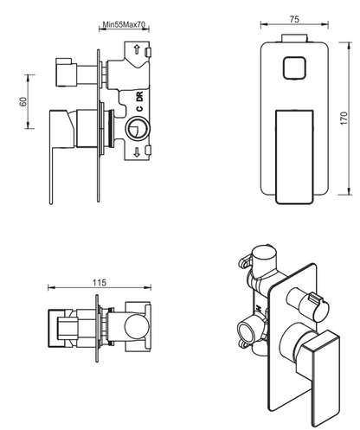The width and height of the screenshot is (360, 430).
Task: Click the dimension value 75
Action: (x=294, y=19)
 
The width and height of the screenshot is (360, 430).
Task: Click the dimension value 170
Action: (x=344, y=119)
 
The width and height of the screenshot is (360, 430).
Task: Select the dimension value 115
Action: (x=100, y=283)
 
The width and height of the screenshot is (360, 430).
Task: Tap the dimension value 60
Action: (x=23, y=101)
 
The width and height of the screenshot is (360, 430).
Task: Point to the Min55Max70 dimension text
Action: (x=124, y=24)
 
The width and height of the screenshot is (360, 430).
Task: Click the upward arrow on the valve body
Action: (x=137, y=48)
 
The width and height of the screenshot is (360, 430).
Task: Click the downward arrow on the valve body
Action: (x=137, y=151)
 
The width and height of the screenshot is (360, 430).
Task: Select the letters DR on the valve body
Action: (x=139, y=96)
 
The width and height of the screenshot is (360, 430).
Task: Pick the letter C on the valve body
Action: (x=139, y=108)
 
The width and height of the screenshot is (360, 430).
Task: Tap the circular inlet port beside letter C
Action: (x=138, y=128)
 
